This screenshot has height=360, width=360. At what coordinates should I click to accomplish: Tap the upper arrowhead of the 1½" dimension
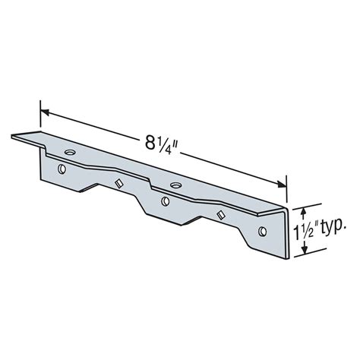point(302,207)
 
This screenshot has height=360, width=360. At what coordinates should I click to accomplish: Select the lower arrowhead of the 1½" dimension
point(302,254)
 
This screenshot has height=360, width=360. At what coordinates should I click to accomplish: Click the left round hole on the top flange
point(70,153)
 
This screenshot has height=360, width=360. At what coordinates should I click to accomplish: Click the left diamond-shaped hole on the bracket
point(118,183)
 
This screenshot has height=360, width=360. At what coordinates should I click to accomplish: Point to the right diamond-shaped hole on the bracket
point(219,215)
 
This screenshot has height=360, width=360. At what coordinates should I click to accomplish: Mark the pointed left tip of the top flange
point(13,137)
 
